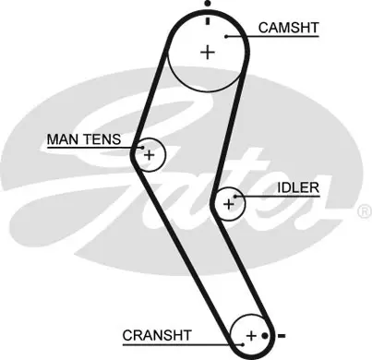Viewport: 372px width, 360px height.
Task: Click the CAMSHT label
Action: tap(288, 28)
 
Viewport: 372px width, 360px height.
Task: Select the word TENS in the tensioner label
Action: tap(102, 139)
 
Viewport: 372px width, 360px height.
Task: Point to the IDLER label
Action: tap(298, 187)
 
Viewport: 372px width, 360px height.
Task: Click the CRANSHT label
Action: tap(157, 335)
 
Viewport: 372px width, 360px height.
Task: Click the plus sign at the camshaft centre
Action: tap(208, 53)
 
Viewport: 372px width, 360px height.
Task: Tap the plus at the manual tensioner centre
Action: tap(150, 155)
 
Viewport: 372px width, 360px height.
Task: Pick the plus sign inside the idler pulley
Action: tap(228, 204)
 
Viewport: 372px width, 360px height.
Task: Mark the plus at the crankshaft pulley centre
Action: tap(251, 335)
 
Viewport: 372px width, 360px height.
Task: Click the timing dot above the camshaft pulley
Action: tap(208, 4)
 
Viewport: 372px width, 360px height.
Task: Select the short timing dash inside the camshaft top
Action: tap(208, 21)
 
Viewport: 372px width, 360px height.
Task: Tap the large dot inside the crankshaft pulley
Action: tap(265, 336)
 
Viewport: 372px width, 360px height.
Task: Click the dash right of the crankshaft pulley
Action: tap(282, 336)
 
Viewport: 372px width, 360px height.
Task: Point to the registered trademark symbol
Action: tap(365, 211)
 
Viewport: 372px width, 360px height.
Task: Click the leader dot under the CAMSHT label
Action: tap(226, 37)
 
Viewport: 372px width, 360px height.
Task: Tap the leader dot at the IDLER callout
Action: tap(235, 197)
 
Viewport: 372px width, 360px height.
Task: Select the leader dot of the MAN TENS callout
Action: tap(142, 148)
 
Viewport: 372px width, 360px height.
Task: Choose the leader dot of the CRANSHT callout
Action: tap(243, 344)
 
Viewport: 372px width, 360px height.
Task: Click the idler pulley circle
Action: tap(246, 204)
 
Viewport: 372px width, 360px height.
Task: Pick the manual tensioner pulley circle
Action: tap(165, 155)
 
